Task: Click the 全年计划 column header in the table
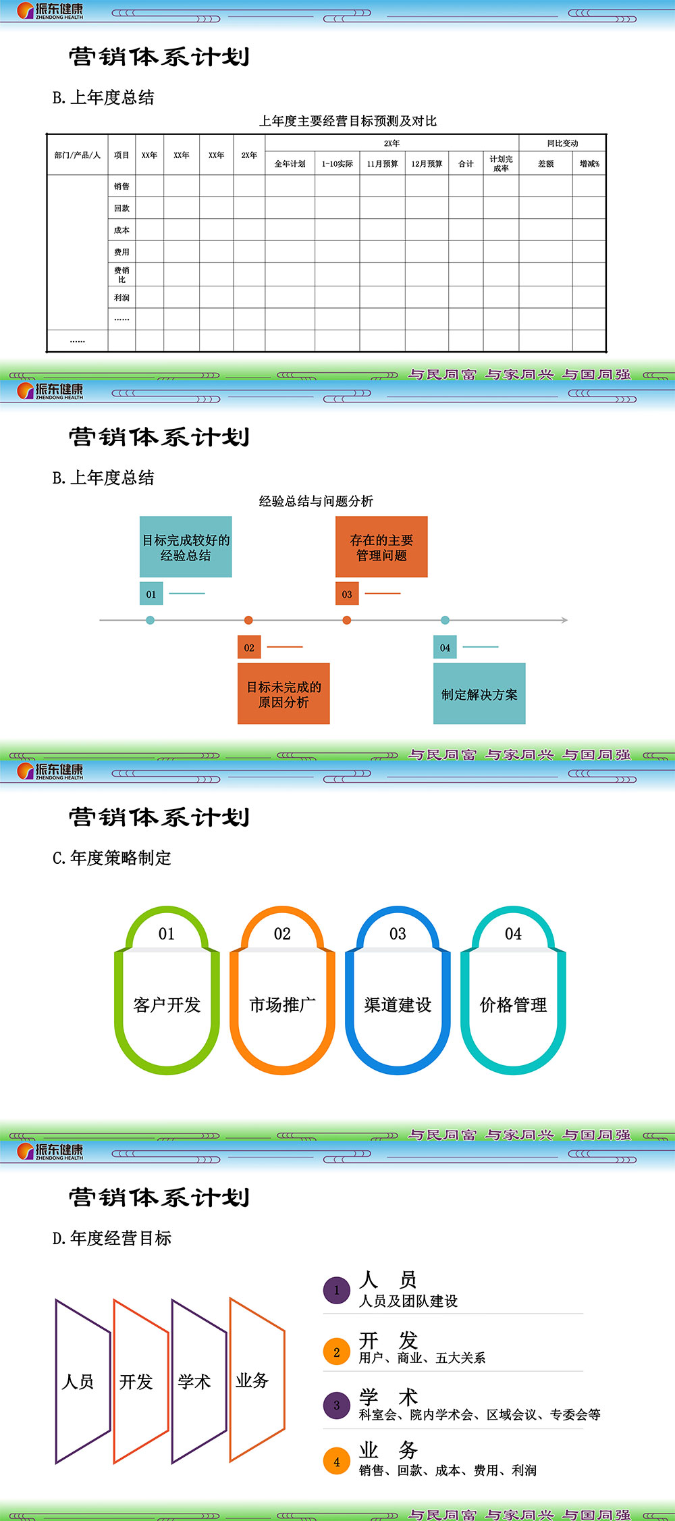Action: [290, 164]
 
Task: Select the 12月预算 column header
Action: [427, 164]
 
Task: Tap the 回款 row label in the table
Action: [122, 209]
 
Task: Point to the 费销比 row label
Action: [122, 275]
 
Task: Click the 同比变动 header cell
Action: [562, 143]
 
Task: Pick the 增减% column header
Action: [589, 164]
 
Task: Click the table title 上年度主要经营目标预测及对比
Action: [348, 121]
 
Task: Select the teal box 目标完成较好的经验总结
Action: [186, 547]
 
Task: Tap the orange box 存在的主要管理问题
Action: [381, 547]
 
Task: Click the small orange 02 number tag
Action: [249, 648]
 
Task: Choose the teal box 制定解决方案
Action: [479, 694]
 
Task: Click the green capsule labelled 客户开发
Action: [167, 1005]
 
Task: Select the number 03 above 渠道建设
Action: [398, 934]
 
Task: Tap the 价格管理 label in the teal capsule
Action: [513, 1005]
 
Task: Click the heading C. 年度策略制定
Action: [112, 858]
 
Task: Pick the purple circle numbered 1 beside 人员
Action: [337, 1290]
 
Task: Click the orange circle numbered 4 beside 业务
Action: [337, 1462]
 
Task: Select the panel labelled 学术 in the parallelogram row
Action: [195, 1382]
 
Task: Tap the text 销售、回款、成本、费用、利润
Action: [448, 1470]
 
